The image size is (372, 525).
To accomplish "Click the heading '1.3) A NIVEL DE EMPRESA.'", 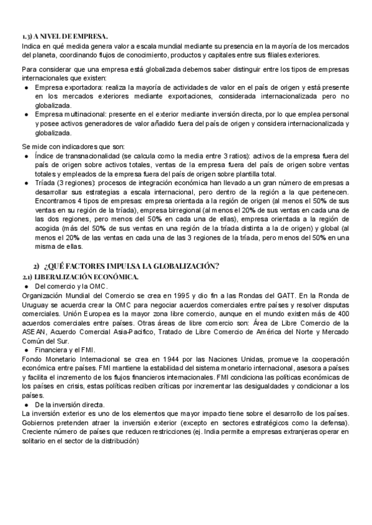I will click(64, 37).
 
